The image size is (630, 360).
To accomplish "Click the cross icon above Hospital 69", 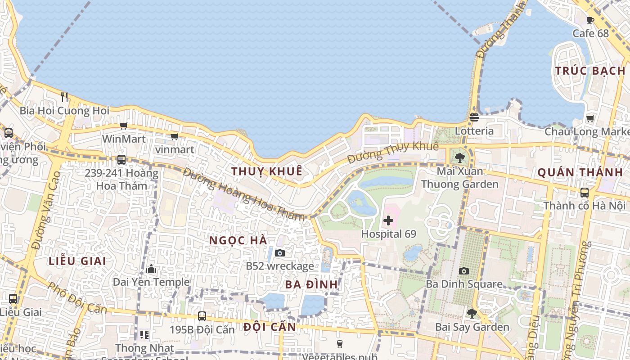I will point(388,220).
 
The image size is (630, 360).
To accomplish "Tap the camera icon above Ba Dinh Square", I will point(464,271).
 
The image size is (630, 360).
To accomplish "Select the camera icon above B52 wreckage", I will point(279,253).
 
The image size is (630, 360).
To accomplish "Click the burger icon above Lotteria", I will point(474,117).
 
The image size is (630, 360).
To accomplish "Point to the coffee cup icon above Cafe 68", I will point(590,20).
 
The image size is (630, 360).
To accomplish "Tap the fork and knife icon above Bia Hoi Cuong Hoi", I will point(64,97).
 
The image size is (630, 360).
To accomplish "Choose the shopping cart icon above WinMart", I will point(123,126).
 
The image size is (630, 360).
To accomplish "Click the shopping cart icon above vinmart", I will point(174,136).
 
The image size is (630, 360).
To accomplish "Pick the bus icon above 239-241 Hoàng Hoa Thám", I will point(121,160).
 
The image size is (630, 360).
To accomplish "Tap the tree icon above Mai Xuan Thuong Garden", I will point(459,157).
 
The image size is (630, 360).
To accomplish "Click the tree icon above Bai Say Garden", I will point(472,313).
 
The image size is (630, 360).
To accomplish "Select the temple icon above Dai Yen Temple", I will point(151,269).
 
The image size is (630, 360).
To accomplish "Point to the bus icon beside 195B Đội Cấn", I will point(202,316).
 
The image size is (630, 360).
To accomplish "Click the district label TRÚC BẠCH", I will point(590,71).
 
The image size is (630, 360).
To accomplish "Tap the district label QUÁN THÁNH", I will point(580,172).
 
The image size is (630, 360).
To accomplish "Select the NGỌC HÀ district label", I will point(238,240).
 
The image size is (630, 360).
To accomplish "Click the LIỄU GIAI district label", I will point(77,261).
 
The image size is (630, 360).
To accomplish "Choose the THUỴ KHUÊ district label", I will point(266,171).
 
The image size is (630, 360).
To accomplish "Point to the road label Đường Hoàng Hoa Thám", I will point(243,194).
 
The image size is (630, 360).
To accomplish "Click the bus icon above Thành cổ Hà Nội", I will point(584,193).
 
